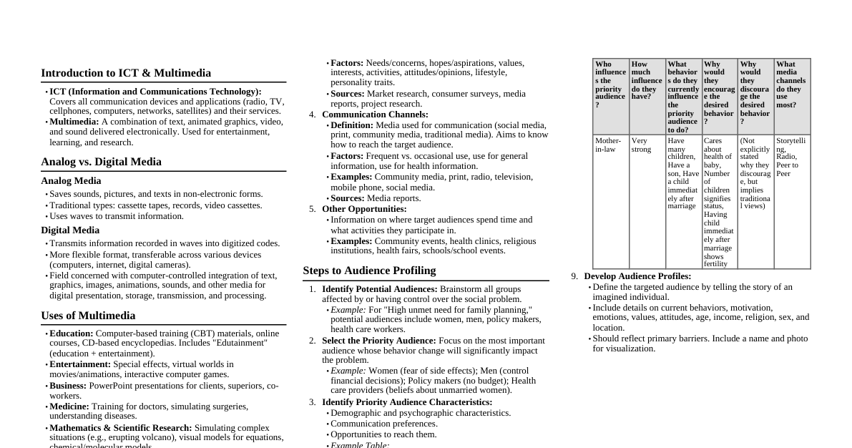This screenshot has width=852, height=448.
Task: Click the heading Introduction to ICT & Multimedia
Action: (x=126, y=73)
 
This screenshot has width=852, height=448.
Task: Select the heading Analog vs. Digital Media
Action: (x=101, y=162)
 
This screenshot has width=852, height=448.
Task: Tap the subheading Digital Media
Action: (x=70, y=230)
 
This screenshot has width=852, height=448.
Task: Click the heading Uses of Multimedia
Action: (x=88, y=316)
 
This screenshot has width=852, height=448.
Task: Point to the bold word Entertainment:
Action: (x=79, y=364)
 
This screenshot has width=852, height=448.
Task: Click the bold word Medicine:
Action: (x=69, y=406)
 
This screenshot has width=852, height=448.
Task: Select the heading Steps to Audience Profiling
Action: (x=369, y=271)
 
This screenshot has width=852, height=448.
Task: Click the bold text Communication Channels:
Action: (x=375, y=115)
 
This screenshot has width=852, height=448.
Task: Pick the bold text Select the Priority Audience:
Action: (x=378, y=341)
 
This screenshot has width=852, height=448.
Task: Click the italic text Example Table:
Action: (x=360, y=445)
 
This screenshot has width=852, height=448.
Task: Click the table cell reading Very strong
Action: (x=641, y=145)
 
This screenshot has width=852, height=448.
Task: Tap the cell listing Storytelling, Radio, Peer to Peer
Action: (x=791, y=157)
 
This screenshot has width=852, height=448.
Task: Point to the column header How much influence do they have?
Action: (x=647, y=81)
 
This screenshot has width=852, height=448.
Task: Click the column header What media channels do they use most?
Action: (x=791, y=84)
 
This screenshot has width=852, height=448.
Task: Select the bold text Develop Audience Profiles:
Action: (x=637, y=276)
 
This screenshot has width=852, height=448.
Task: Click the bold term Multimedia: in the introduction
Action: (x=74, y=122)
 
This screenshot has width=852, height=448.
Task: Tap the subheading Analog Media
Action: (x=71, y=181)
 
